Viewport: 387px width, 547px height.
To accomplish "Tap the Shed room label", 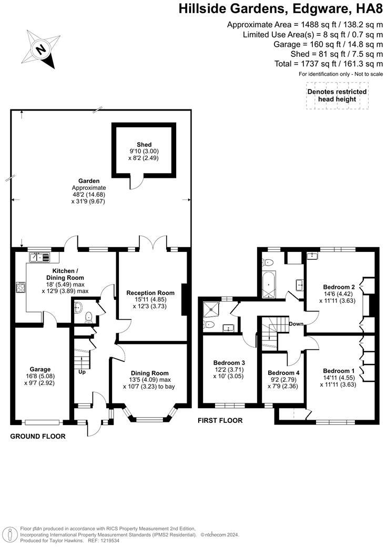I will (x=144, y=145).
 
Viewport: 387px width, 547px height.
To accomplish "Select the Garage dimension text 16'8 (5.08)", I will (x=40, y=376).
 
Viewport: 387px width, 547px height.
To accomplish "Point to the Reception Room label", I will (x=150, y=293).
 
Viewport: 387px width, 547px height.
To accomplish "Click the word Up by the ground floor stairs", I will (x=82, y=371).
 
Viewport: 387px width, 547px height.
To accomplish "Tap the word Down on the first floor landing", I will (x=296, y=324).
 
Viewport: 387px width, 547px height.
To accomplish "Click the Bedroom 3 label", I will (x=229, y=362).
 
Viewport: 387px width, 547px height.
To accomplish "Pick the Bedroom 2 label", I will (x=339, y=287).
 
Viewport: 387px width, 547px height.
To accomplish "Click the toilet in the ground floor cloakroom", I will (x=88, y=317).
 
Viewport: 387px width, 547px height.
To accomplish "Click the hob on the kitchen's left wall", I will (x=22, y=287).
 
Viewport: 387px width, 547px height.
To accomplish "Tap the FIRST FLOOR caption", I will (x=220, y=420).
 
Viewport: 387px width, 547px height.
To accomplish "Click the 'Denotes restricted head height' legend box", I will (x=337, y=95).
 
